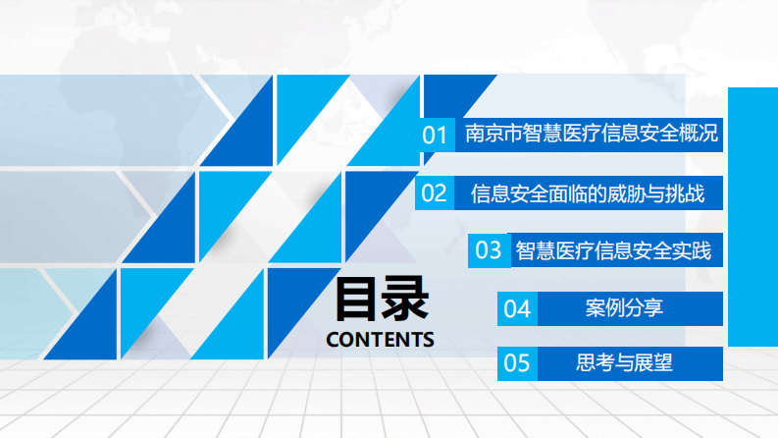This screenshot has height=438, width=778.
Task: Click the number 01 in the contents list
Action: tap(435, 135)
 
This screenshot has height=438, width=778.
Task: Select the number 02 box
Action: tap(435, 192)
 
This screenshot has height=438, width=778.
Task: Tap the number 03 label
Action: tap(489, 249)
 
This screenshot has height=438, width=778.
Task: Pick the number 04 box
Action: tap(517, 308)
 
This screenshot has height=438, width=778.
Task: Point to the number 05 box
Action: tap(517, 364)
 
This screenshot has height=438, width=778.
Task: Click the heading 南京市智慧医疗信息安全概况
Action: tap(591, 134)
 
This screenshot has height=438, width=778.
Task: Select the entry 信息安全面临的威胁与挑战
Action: tap(588, 192)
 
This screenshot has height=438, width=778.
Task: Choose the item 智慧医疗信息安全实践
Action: tap(613, 249)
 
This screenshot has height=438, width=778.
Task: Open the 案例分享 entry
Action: tap(625, 307)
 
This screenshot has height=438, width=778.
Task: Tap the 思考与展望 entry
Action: tap(625, 363)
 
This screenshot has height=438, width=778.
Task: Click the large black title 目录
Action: tap(381, 299)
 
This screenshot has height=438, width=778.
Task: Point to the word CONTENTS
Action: tap(380, 340)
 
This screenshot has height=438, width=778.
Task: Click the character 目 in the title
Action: tap(357, 299)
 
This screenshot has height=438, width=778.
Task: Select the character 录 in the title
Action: tap(405, 299)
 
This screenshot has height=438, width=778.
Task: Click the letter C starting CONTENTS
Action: tap(333, 340)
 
